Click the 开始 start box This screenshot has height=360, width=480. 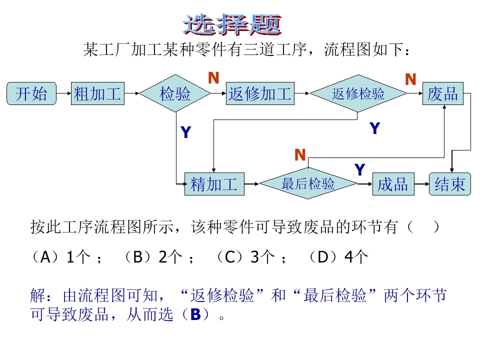click(x=31, y=93)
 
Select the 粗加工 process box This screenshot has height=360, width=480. click(x=97, y=93)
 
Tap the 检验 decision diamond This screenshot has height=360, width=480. click(x=175, y=93)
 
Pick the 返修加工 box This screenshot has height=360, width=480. click(x=260, y=93)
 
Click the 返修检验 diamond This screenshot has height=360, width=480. click(x=358, y=93)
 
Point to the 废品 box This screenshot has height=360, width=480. click(x=443, y=93)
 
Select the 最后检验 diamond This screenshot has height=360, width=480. click(x=308, y=184)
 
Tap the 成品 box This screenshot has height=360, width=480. click(x=393, y=184)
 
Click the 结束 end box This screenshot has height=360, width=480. click(x=450, y=184)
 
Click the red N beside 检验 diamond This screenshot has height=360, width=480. click(x=213, y=78)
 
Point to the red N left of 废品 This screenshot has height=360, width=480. click(x=410, y=79)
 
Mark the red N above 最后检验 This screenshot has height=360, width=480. click(x=300, y=155)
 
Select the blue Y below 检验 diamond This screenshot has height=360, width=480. click(x=185, y=132)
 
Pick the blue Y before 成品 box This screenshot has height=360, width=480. click(x=359, y=170)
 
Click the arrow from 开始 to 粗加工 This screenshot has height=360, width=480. click(x=63, y=93)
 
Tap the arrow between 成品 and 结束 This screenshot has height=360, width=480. click(x=421, y=184)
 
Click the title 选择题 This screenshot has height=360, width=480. click(x=233, y=24)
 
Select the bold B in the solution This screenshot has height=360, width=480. click(x=195, y=314)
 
